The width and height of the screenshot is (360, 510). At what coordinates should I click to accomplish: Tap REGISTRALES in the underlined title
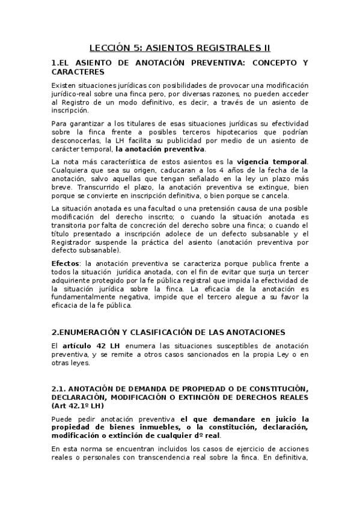click(231, 47)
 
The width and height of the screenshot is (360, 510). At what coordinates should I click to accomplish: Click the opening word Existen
click(65, 86)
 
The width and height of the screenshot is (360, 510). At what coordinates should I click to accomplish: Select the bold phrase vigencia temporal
click(272, 161)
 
